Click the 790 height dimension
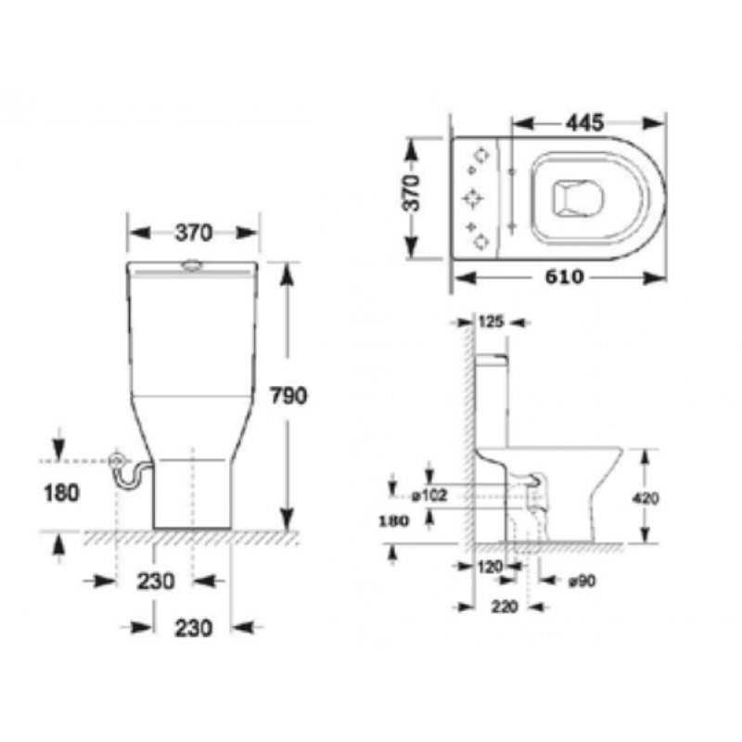point(288,395)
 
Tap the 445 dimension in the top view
point(585,123)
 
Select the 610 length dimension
point(564,276)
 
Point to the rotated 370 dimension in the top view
point(411,193)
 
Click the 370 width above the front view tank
point(194,233)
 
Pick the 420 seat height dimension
point(646,498)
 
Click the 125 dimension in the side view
point(492,322)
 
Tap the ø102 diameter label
point(429,496)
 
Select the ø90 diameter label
point(582,581)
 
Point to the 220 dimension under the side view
point(505,607)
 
